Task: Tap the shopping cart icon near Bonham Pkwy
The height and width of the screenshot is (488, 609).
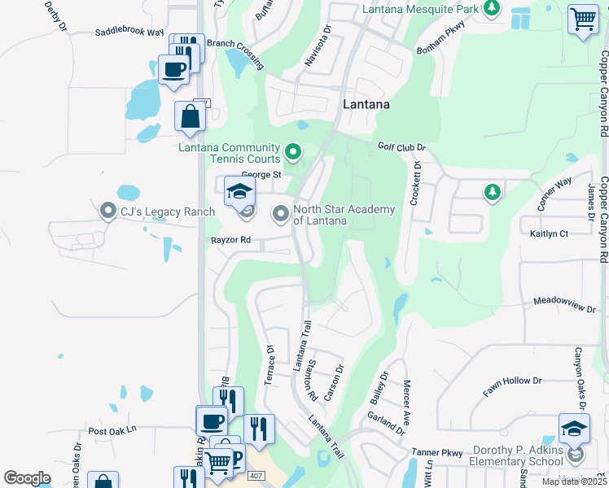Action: pyautogui.click(x=583, y=20)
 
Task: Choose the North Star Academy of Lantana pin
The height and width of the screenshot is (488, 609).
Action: pyautogui.click(x=281, y=215)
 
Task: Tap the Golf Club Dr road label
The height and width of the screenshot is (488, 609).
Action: pyautogui.click(x=402, y=147)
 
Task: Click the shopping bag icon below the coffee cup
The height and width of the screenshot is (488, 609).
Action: pyautogui.click(x=190, y=115)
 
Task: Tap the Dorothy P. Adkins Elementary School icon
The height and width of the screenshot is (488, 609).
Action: pyautogui.click(x=574, y=429)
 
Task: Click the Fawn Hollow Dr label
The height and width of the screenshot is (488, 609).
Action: pyautogui.click(x=512, y=386)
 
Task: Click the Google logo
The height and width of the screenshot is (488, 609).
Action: pyautogui.click(x=27, y=478)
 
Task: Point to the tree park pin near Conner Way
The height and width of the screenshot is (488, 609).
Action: pyautogui.click(x=492, y=192)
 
